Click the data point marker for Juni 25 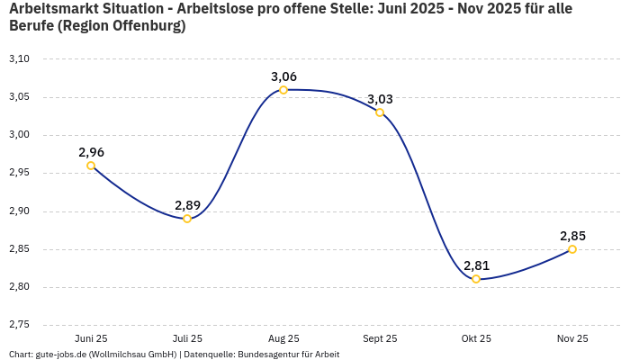point(91,166)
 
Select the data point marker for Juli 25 point(187,219)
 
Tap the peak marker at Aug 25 point(283,90)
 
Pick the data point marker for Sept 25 point(380,112)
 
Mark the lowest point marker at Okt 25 point(476,279)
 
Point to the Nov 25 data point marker point(572,249)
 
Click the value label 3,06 point(283,76)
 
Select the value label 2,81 point(476,265)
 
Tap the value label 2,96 point(91,152)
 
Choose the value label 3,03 point(380,99)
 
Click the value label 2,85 point(572,236)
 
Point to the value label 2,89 point(187,205)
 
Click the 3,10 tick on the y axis point(19,58)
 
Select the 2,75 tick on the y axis point(19,324)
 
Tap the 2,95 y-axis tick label point(19,173)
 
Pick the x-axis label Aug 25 point(283,338)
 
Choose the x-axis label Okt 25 point(476,338)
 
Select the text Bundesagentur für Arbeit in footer point(288,354)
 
